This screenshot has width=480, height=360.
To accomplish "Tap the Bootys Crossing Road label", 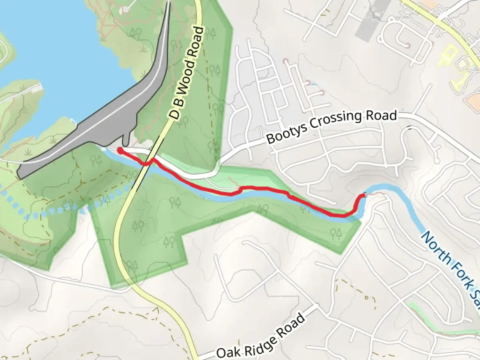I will (332, 126).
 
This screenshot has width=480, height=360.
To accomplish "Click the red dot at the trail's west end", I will (119, 151).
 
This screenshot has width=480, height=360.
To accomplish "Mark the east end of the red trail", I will (364, 195).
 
